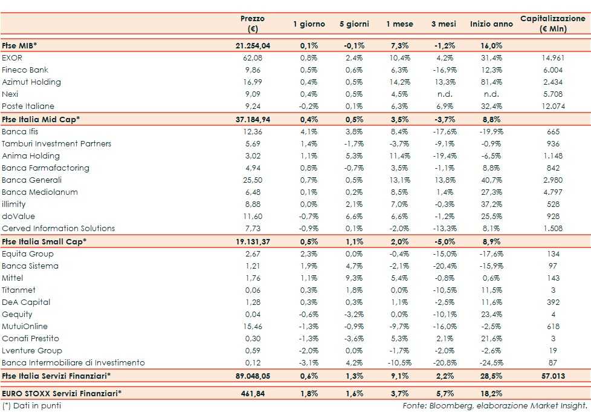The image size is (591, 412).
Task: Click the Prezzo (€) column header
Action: (x=253, y=24)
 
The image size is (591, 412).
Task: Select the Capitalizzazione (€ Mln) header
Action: (x=553, y=24)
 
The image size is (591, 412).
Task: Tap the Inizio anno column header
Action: (x=491, y=24)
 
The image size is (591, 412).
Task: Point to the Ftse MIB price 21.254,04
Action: (x=253, y=45)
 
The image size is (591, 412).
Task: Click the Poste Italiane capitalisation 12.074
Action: (x=553, y=106)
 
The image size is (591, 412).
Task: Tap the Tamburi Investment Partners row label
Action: (x=57, y=143)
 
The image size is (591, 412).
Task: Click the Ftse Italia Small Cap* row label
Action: (x=44, y=241)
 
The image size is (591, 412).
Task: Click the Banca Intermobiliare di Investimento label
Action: (x=73, y=362)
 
